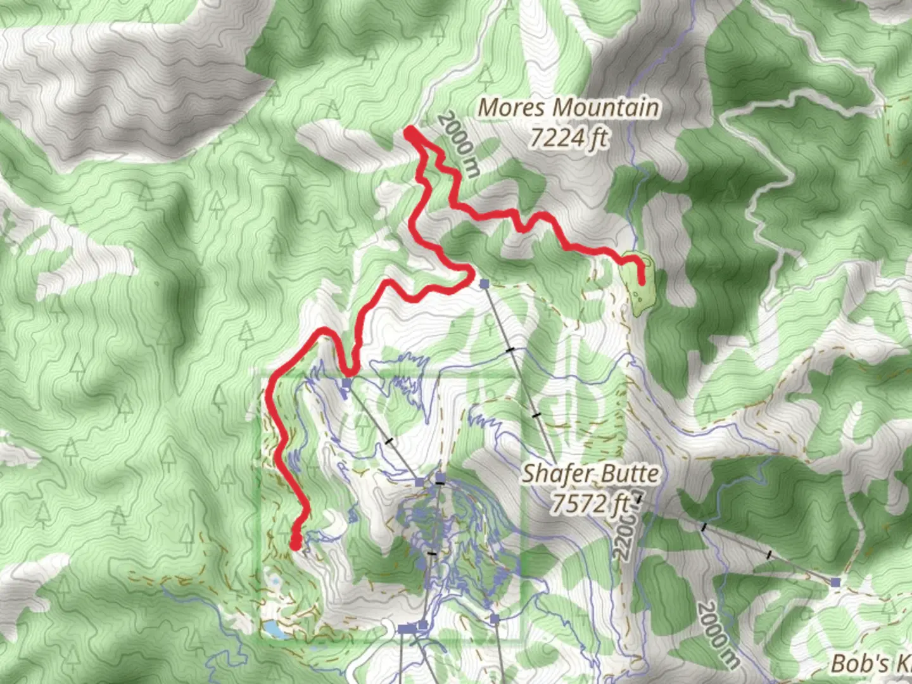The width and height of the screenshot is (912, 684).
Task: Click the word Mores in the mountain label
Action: [511, 108]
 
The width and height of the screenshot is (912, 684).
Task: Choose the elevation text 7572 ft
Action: [590, 503]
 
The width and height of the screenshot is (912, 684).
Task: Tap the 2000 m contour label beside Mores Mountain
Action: [459, 143]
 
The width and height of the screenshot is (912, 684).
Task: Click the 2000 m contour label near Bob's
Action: [718, 634]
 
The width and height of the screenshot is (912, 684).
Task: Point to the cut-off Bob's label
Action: [871, 663]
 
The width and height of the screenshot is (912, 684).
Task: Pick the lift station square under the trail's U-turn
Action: [346, 383]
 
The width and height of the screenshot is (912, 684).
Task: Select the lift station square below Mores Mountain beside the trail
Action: [484, 284]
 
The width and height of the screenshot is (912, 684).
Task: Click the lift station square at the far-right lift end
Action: [836, 581]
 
